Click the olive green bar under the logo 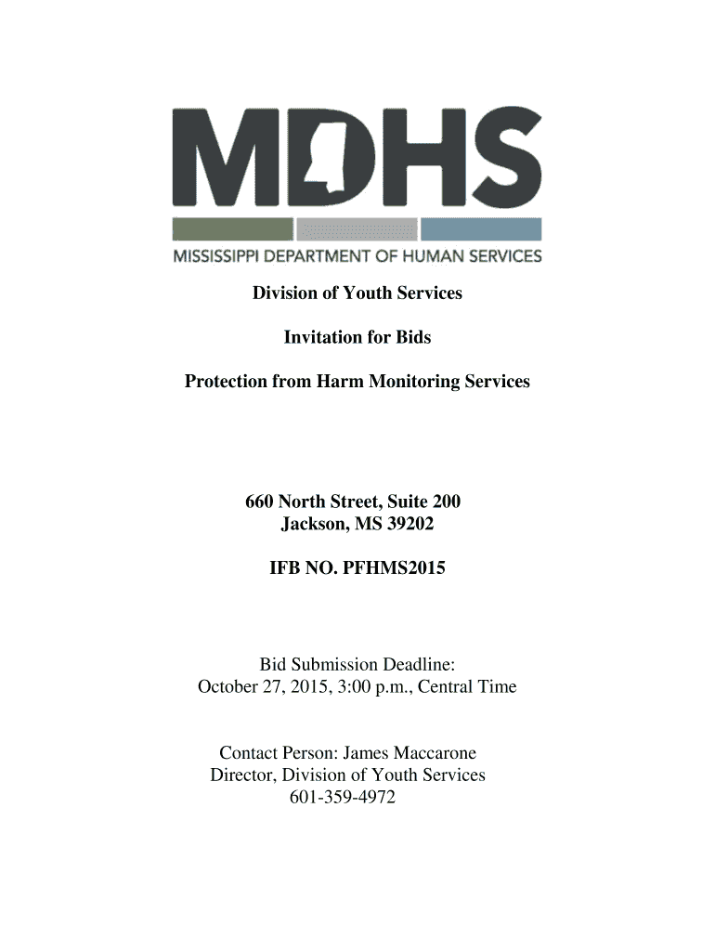point(232,228)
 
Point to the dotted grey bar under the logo point(357,228)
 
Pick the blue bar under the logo point(481,228)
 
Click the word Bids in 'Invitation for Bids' point(413,337)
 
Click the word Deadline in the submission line point(415,665)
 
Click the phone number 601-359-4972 point(343,797)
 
